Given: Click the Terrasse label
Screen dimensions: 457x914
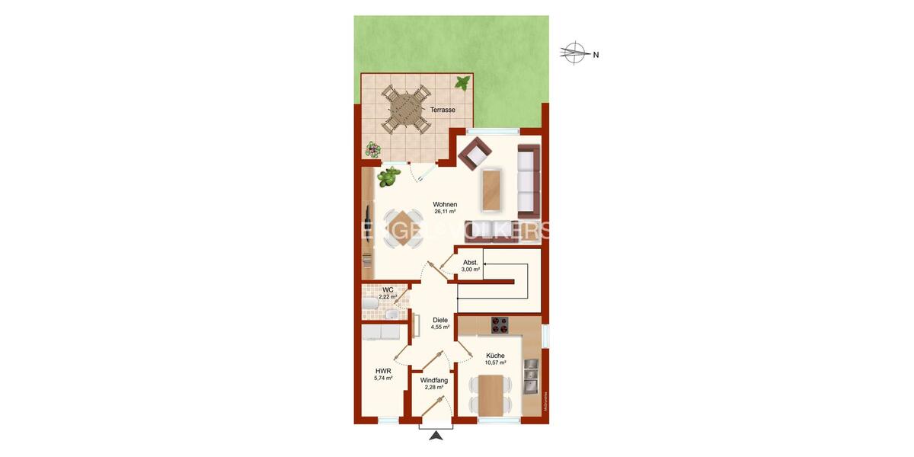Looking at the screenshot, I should click(x=443, y=110).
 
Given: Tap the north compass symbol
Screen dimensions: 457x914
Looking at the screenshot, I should click(x=574, y=53).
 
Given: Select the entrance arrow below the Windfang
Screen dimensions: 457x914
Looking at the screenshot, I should click(x=436, y=436).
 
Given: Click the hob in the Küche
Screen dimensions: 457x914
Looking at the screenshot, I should click(x=500, y=325).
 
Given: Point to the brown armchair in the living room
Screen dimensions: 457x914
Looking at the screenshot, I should click(x=475, y=155).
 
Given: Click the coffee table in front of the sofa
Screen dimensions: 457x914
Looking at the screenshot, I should click(x=493, y=189).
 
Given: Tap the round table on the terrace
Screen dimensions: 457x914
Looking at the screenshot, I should click(x=404, y=109).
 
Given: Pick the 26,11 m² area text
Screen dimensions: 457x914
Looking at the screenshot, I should click(x=445, y=214).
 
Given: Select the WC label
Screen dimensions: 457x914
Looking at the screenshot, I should click(x=388, y=289).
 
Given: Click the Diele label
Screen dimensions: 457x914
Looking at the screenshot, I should click(x=439, y=320).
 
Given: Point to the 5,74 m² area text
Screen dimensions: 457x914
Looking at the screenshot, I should click(x=383, y=379).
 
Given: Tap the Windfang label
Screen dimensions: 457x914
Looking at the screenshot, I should click(x=433, y=379).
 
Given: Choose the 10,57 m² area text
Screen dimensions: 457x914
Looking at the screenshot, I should click(x=495, y=363).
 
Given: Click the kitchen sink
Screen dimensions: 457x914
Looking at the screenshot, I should click(x=532, y=375).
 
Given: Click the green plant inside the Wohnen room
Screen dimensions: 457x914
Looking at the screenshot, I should click(x=388, y=177).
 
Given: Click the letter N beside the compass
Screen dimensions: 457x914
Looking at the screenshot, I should click(x=596, y=54).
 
